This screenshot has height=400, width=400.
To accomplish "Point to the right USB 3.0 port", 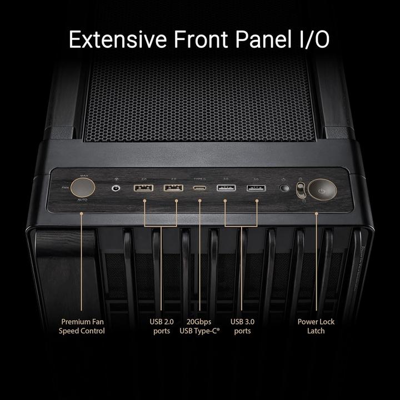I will coord(256,188).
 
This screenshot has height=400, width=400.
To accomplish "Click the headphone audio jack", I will coord(116,188).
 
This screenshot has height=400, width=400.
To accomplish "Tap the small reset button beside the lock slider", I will coord(285,188).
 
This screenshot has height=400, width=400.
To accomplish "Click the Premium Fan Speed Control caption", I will coord(82,326).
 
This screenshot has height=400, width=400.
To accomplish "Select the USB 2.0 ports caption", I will coord(162,326).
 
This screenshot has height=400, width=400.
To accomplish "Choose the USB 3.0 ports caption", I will coord(242,326).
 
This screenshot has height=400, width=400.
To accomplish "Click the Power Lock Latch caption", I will coord(316,326).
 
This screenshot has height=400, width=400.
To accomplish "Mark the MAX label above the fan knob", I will coord(84,176).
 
